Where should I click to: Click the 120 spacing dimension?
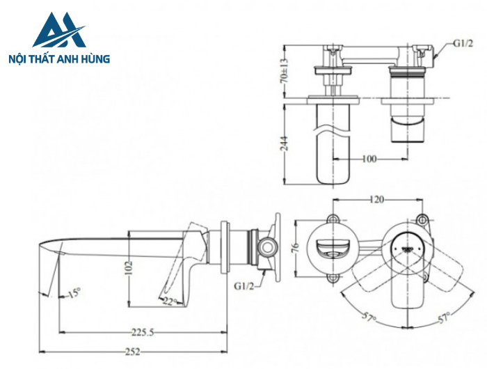(x=376, y=200)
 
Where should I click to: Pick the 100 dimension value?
(x=369, y=159)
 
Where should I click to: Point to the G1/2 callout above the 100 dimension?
(x=463, y=43)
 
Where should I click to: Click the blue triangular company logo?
(x=58, y=32)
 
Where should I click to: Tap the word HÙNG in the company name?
(x=95, y=60)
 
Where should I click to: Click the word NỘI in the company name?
(x=18, y=60)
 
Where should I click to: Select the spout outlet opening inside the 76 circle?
(x=331, y=248)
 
